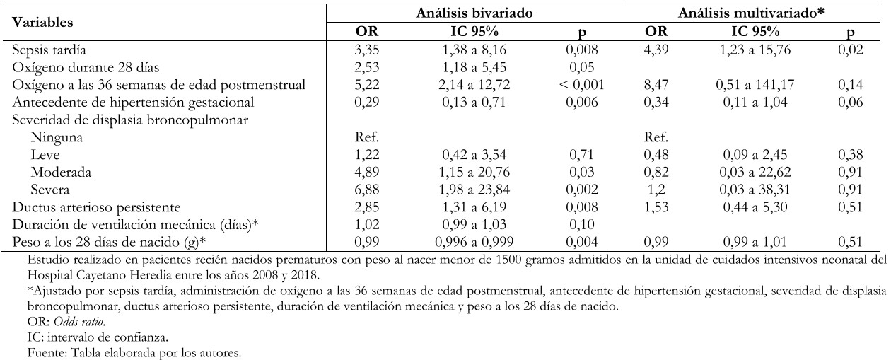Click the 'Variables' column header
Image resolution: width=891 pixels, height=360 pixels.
42,22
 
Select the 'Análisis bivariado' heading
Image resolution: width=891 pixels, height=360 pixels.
474,13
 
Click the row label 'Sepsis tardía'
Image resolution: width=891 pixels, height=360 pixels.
49,50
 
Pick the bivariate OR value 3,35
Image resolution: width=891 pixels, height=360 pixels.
367,50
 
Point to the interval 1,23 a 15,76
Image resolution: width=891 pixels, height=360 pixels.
755,50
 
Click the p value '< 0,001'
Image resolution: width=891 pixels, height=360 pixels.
581,85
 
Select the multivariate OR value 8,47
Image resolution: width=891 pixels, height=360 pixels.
656,85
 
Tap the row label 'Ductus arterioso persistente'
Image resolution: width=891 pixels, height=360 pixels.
96,208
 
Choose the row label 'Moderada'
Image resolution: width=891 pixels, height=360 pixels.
61,173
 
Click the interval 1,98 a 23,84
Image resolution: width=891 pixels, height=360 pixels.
474,190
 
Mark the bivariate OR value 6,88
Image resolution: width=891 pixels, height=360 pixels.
367,190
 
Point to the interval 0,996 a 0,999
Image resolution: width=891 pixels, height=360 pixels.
474,243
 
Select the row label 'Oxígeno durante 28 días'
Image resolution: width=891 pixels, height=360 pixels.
86,68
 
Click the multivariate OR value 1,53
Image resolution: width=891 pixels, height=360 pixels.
656,207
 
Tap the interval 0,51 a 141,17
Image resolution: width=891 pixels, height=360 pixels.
755,85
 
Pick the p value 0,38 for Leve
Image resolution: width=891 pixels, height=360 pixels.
851,155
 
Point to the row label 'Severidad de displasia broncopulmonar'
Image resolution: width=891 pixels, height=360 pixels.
130,120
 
